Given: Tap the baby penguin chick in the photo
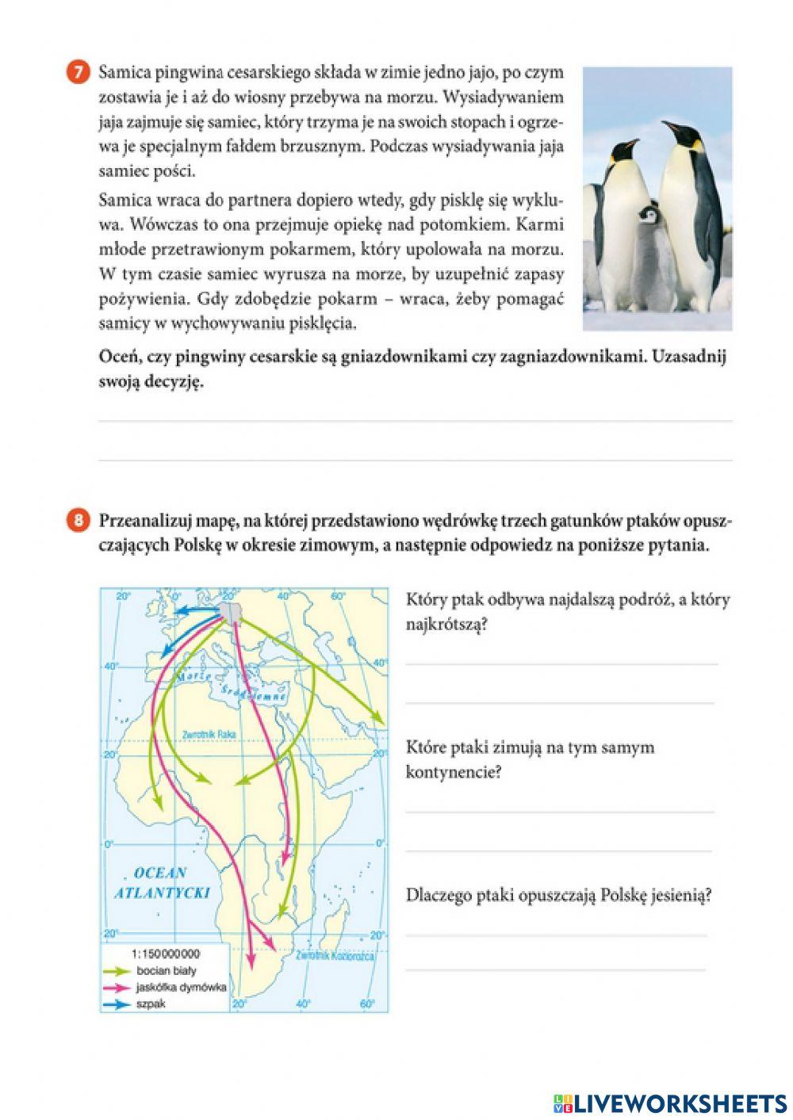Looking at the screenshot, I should click(x=649, y=254).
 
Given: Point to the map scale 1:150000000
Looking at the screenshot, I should click(x=165, y=954).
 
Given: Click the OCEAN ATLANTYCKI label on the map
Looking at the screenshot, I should click(x=161, y=882).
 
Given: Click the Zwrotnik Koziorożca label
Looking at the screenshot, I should click(x=334, y=957).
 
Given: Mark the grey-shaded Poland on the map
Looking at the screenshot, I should click(x=232, y=610).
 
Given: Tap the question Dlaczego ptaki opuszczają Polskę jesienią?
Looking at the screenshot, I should click(x=558, y=895).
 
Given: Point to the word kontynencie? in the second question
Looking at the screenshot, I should click(x=454, y=771).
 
